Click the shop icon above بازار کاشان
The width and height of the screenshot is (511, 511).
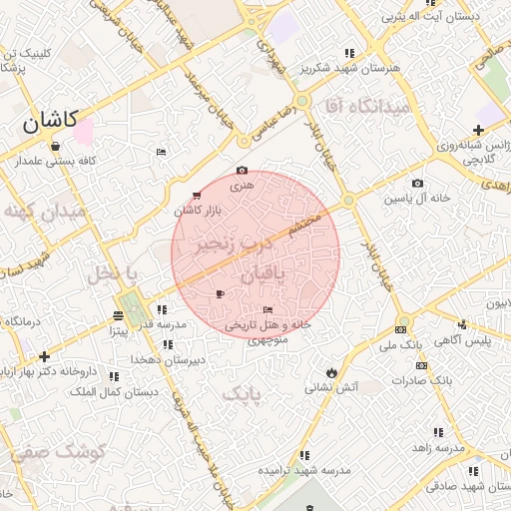(195, 195)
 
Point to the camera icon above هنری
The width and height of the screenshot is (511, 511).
(242, 172)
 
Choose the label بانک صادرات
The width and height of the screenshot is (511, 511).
(423, 380)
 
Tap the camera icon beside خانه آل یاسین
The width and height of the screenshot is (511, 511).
(417, 184)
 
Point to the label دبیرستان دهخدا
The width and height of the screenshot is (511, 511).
(169, 357)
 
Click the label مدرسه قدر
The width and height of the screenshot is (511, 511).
(160, 324)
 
